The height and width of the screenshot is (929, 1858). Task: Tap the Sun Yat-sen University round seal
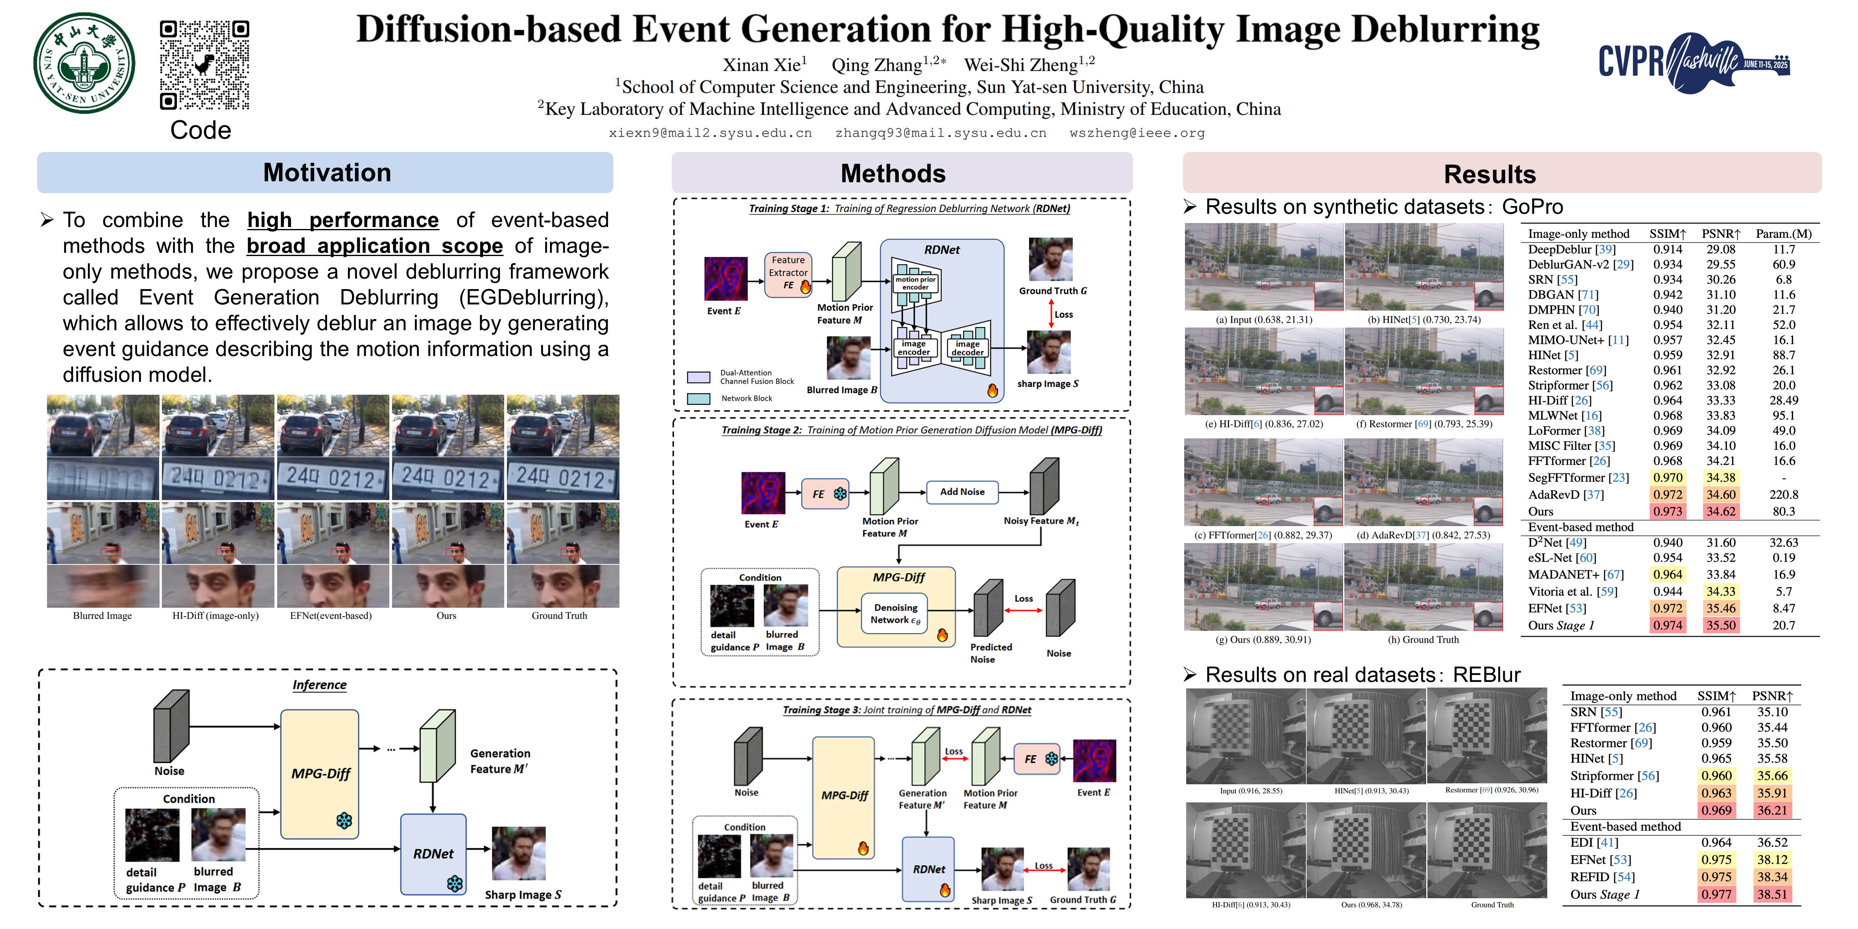click(x=84, y=63)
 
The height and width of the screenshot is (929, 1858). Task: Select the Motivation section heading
click(x=326, y=173)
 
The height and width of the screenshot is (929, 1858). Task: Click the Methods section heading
click(x=893, y=174)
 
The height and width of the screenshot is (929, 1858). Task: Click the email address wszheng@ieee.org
click(x=1137, y=133)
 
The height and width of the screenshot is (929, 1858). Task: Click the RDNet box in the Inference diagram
click(x=433, y=854)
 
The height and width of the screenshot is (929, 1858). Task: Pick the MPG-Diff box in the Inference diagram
click(x=319, y=774)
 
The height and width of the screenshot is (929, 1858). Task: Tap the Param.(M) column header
click(x=1783, y=234)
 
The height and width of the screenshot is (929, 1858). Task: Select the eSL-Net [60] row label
click(x=1562, y=558)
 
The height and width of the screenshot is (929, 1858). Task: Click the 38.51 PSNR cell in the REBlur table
click(x=1771, y=894)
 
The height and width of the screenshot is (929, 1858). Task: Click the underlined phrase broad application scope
click(x=374, y=246)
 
